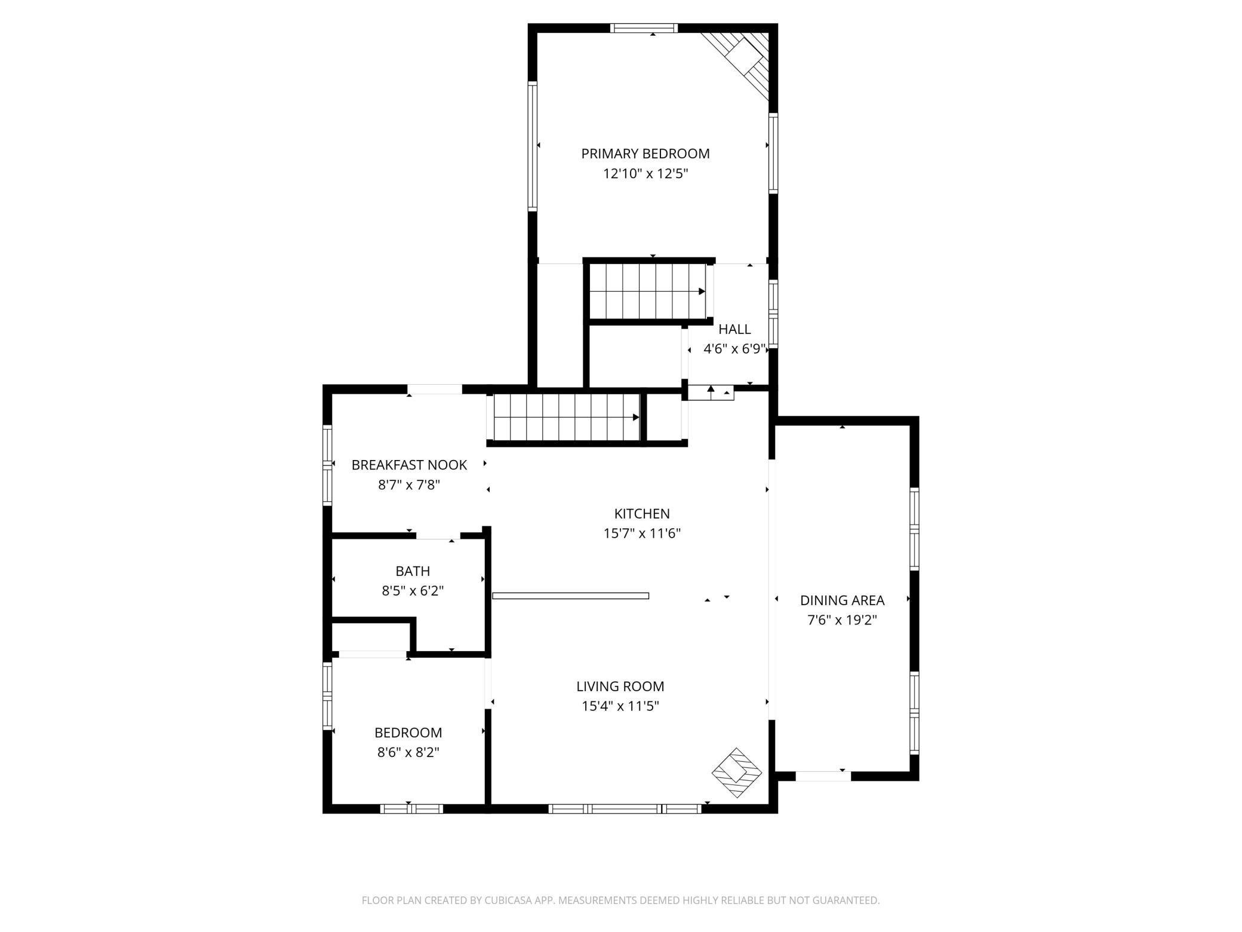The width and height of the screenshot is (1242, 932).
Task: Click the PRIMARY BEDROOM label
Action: (645, 154)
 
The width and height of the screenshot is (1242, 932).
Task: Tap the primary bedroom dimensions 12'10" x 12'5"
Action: (645, 174)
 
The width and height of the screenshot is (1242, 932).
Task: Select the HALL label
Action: (734, 329)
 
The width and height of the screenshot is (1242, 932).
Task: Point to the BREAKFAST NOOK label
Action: (409, 465)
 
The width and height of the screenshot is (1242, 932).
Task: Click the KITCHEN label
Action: (642, 513)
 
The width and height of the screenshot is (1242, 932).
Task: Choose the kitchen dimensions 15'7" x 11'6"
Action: (642, 533)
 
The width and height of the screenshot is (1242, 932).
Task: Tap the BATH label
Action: (413, 571)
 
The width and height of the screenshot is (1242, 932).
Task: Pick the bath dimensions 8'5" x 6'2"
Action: (413, 591)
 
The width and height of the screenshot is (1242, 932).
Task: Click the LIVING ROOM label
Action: (620, 686)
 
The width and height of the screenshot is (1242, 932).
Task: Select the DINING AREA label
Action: (842, 600)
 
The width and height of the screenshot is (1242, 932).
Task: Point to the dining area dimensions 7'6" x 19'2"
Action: (842, 620)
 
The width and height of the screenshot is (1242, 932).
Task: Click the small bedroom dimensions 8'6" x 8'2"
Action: (408, 752)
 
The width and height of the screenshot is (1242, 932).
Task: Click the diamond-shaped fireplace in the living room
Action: (737, 772)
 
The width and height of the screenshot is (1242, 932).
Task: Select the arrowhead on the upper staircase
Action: (702, 292)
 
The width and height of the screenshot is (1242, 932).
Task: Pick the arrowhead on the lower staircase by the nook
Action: (637, 418)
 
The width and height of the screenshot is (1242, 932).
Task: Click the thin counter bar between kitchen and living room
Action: (570, 596)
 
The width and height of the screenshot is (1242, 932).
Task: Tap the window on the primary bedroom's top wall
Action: (644, 27)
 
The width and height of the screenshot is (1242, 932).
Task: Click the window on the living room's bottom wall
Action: (625, 809)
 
